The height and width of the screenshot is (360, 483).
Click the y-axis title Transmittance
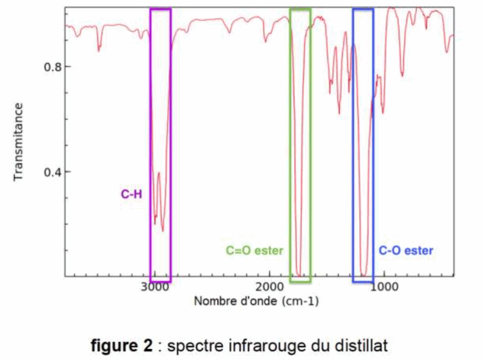(x=18, y=142)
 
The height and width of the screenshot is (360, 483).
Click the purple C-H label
(x=132, y=193)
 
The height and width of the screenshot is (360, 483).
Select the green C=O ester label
(x=254, y=251)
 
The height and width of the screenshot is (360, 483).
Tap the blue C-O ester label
(x=406, y=251)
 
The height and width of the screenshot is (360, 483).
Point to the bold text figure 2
(x=122, y=346)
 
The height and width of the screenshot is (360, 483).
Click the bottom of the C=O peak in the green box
(x=299, y=275)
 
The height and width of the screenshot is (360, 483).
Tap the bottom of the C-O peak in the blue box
(x=363, y=275)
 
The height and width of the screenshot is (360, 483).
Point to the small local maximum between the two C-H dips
(x=159, y=173)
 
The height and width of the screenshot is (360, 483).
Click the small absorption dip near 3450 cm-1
(x=99, y=50)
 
